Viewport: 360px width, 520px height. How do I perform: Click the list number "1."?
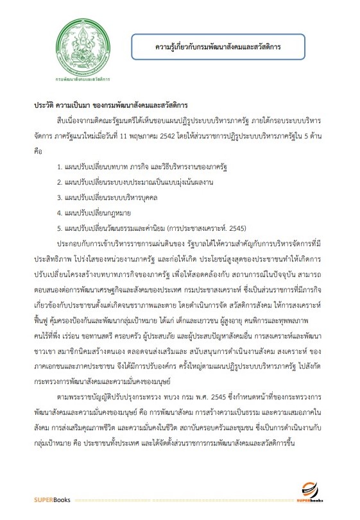tap(59, 167)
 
